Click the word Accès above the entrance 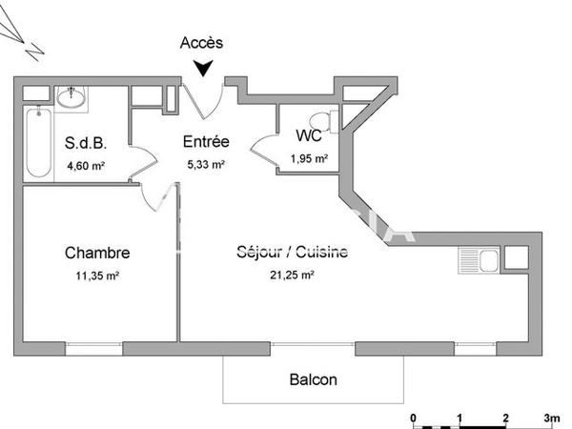click(201, 43)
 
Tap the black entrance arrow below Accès click(202, 69)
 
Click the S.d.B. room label click(86, 144)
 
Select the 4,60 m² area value click(86, 166)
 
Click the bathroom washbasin click(71, 96)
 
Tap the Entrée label click(206, 143)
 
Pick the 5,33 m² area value click(206, 164)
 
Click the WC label click(309, 135)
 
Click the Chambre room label click(97, 254)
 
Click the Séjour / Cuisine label click(292, 254)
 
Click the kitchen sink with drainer click(478, 258)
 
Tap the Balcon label click(313, 379)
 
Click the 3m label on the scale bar click(551, 418)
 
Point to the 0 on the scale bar click(413, 418)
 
